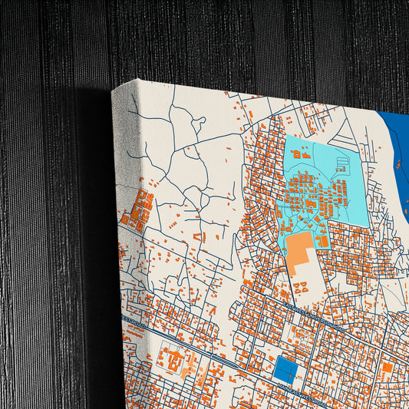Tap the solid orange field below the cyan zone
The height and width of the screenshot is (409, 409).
(x=299, y=250)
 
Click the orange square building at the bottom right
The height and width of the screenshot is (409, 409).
(x=388, y=368)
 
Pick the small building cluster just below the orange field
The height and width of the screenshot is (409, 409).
(x=301, y=287)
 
